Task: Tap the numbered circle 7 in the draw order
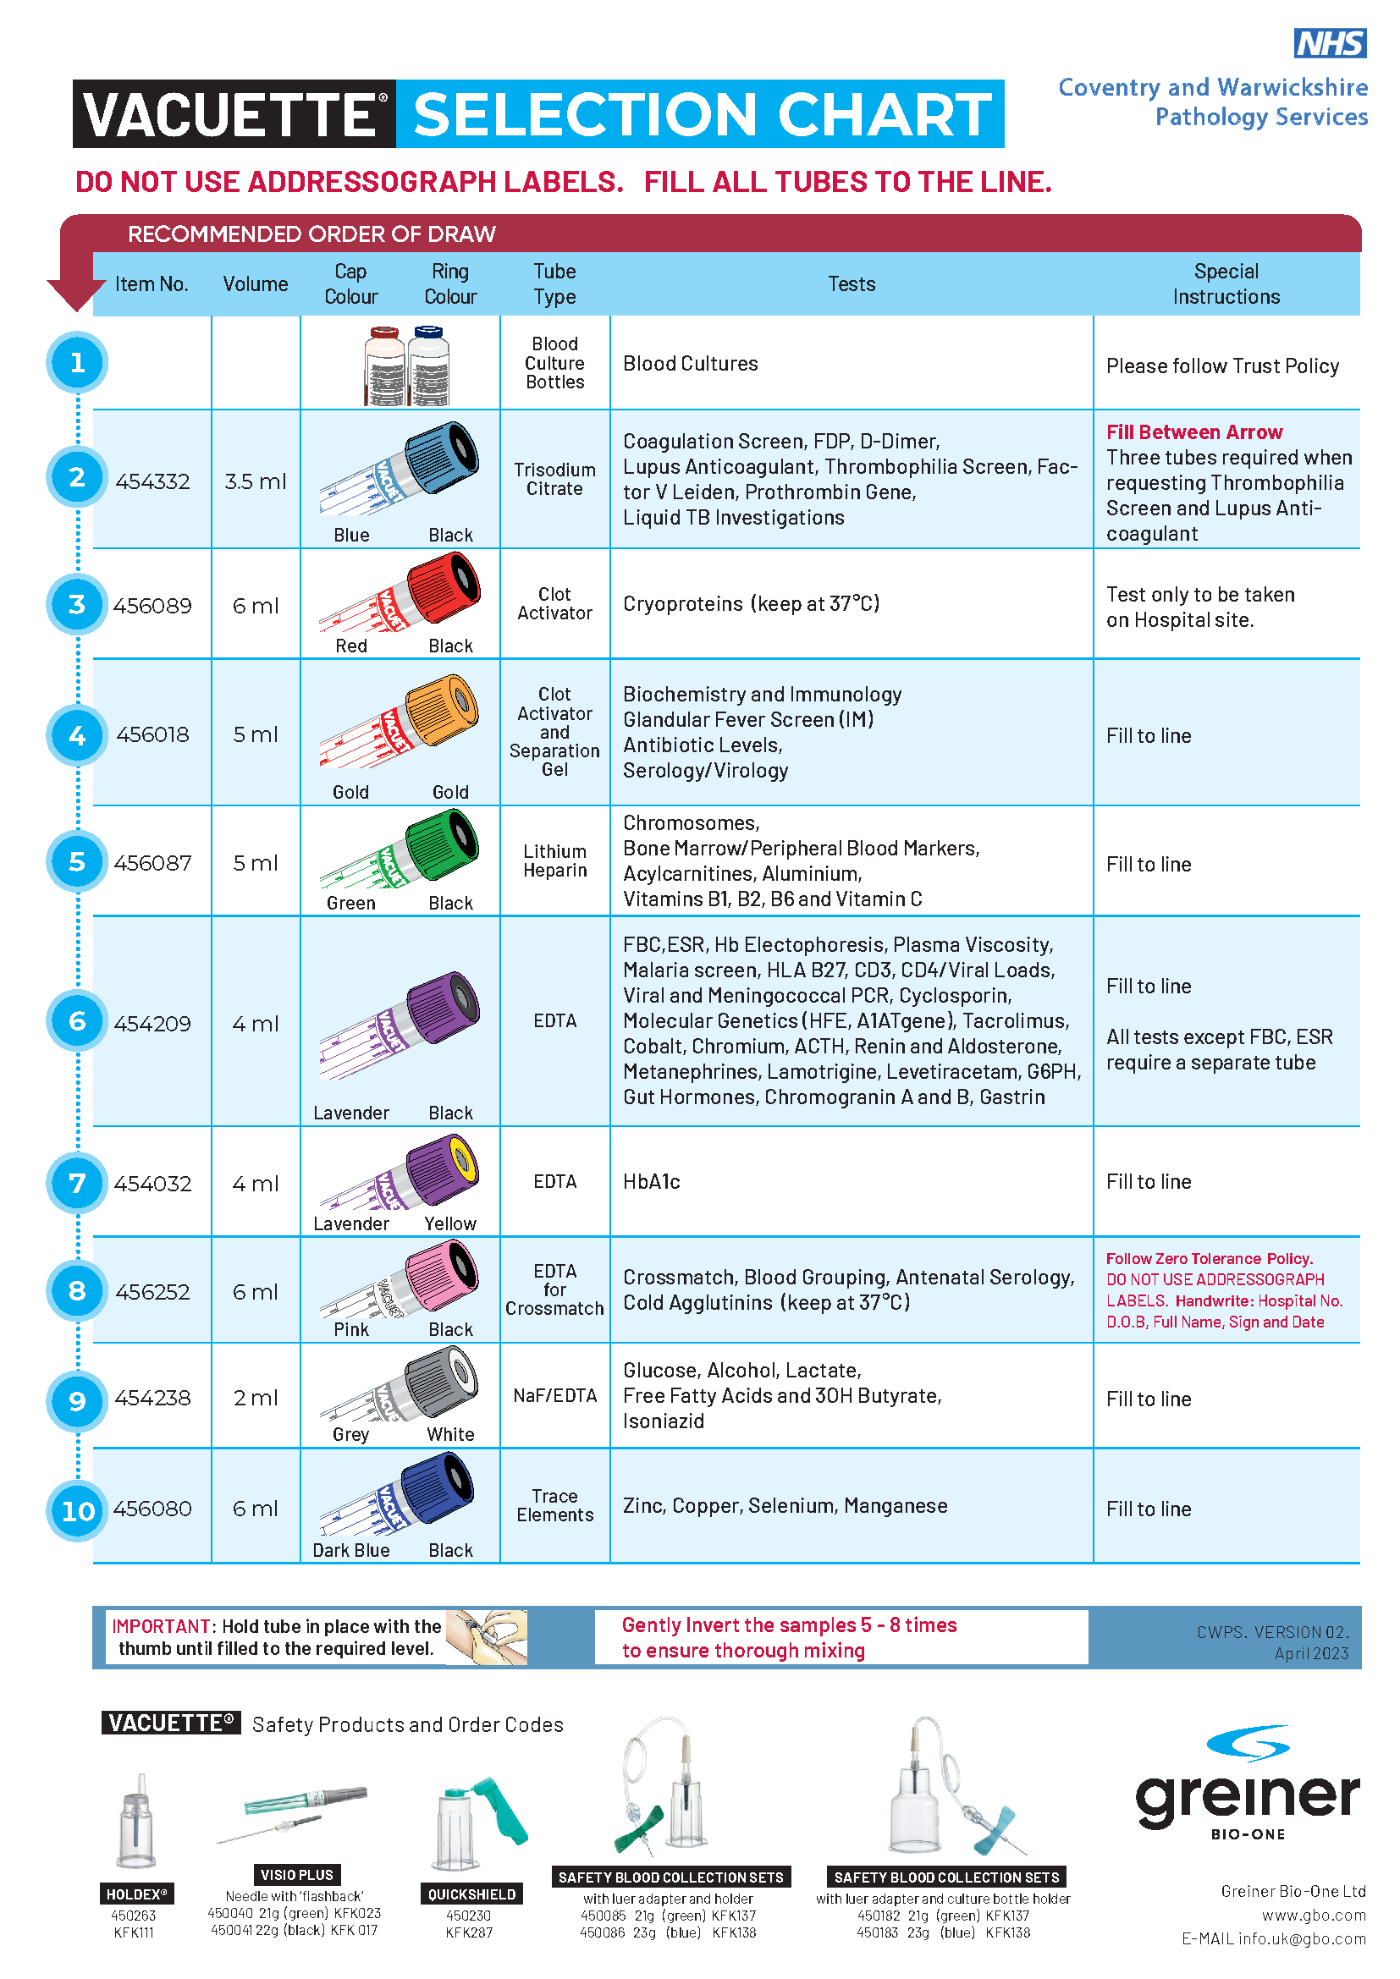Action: click(x=77, y=1183)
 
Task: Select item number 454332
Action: click(x=152, y=481)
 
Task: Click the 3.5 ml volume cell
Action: click(x=255, y=481)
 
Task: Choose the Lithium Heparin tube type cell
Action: click(x=554, y=860)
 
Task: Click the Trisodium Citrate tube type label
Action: click(x=554, y=479)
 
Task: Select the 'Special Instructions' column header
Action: click(x=1225, y=283)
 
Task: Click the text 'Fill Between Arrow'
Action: click(x=1194, y=432)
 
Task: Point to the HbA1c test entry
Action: click(x=652, y=1182)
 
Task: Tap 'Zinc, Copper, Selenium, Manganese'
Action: click(x=785, y=1505)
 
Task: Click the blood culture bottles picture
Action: click(x=406, y=365)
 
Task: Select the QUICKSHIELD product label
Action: click(x=471, y=1894)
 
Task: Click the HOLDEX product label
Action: click(x=136, y=1894)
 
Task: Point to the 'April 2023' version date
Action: click(x=1311, y=1653)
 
